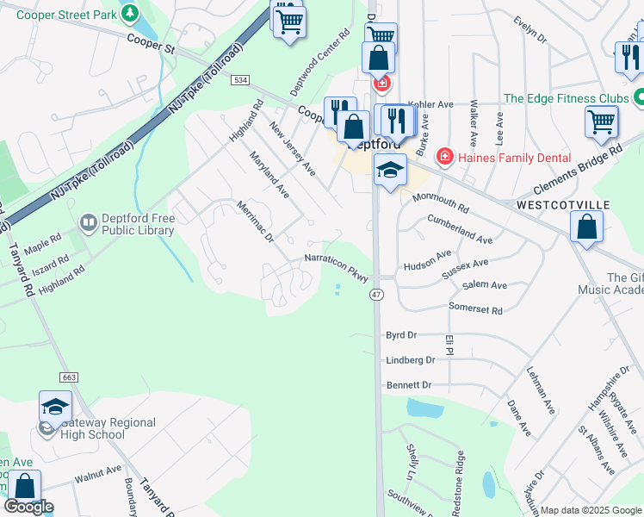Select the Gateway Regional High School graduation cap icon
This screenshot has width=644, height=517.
(x=55, y=407)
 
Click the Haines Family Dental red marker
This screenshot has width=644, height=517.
(x=444, y=157)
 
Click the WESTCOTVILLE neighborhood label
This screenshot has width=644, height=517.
(x=563, y=205)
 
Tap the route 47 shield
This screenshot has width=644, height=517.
(x=376, y=295)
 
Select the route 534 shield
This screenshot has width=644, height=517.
(x=240, y=80)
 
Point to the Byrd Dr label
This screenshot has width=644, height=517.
(x=401, y=334)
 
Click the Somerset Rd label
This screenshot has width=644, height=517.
(x=475, y=308)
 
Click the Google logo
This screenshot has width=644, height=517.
(x=28, y=507)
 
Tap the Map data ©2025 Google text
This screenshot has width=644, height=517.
(x=591, y=510)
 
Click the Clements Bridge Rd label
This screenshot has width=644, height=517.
(x=577, y=171)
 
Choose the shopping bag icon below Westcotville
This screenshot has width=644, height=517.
(x=586, y=228)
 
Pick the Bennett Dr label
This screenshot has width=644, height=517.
(x=408, y=384)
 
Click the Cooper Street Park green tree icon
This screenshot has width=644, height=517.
(x=129, y=13)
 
